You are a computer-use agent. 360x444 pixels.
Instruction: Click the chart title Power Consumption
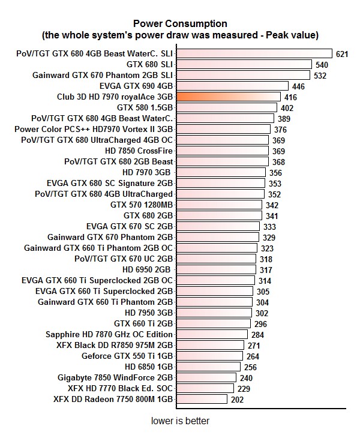180,24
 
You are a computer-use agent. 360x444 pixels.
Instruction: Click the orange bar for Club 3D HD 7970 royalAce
228,97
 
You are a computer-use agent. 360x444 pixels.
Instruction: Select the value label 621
342,54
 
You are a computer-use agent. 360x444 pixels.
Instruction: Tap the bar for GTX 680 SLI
244,64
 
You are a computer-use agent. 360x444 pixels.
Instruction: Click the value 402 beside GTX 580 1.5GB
287,108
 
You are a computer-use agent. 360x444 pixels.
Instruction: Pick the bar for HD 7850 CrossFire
223,151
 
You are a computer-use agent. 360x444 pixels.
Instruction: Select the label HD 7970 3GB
146,172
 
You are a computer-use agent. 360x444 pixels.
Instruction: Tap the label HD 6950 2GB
147,269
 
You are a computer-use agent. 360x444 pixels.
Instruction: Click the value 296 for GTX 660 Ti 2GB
259,324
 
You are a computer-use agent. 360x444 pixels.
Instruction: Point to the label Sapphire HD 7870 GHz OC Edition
109,334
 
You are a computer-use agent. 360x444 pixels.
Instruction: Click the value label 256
250,367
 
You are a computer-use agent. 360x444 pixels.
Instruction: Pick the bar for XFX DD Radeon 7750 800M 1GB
202,399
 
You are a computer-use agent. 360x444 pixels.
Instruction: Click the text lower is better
180,421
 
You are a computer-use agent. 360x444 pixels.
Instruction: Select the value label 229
244,389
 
